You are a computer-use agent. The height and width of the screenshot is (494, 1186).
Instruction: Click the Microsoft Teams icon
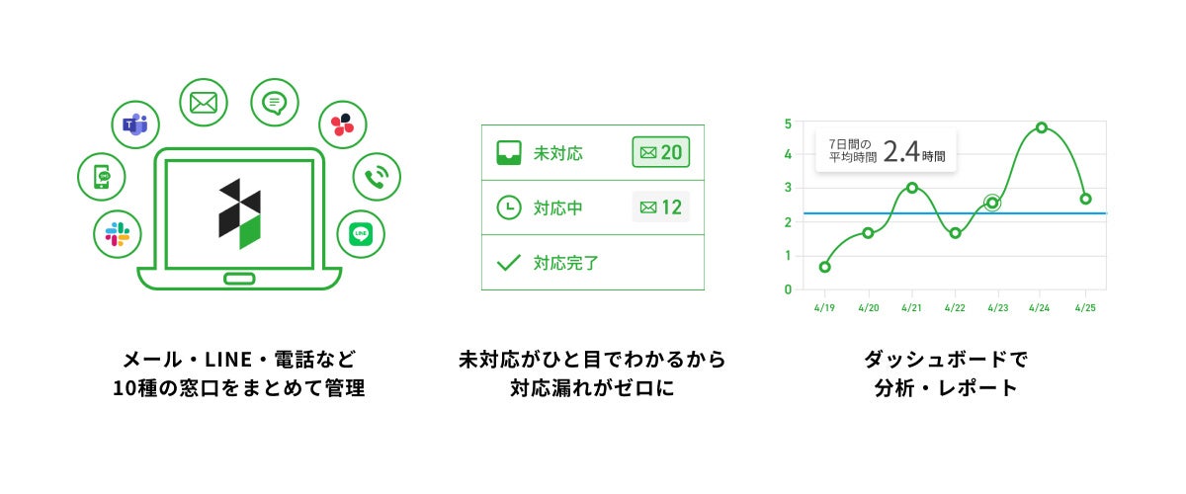click(134, 124)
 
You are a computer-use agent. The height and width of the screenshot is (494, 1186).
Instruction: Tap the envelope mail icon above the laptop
click(204, 102)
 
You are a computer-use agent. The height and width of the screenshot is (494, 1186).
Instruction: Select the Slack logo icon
click(118, 234)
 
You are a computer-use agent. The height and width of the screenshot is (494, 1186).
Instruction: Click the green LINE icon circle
click(361, 234)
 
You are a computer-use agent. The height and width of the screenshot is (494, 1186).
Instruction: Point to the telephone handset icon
click(377, 178)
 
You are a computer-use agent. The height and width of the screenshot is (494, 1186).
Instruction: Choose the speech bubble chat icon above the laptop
click(274, 102)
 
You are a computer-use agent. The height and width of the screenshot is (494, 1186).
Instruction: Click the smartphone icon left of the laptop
click(102, 178)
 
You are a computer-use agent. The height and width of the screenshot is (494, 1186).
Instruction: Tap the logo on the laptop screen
click(239, 213)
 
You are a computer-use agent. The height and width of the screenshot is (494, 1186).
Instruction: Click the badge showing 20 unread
click(661, 152)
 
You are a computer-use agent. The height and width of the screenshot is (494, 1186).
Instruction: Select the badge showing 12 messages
click(661, 207)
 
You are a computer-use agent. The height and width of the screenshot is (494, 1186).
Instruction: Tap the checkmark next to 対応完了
click(508, 263)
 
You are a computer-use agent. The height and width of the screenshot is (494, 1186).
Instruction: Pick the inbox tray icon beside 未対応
click(508, 152)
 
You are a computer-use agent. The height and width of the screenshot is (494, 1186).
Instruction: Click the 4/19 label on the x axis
click(825, 307)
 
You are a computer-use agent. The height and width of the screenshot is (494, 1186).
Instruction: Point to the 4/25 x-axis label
click(1085, 307)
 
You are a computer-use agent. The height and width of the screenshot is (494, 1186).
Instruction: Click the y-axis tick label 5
click(788, 123)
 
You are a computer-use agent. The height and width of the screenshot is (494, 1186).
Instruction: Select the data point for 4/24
click(1042, 127)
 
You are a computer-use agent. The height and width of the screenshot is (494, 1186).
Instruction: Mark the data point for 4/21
click(911, 188)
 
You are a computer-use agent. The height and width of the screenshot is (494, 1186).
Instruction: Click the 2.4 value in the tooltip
click(901, 151)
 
